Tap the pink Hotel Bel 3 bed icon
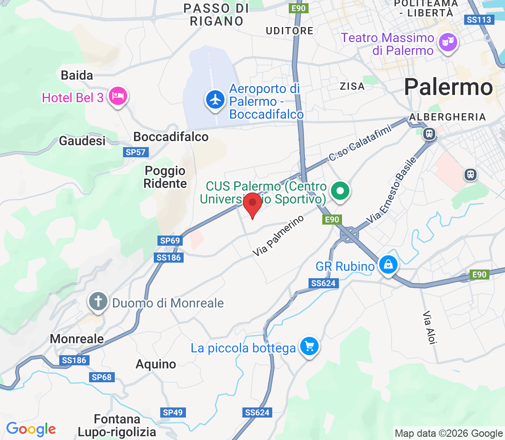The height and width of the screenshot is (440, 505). click(x=118, y=96)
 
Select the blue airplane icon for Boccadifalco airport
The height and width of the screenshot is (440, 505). click(x=214, y=99)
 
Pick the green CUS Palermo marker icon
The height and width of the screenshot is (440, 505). click(x=340, y=190)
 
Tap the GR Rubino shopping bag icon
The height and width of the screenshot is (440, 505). click(x=388, y=265)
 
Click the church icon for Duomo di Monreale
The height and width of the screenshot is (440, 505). click(x=98, y=302)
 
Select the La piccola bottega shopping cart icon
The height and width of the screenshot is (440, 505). click(x=309, y=346)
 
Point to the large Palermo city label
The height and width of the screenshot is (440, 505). click(x=449, y=87)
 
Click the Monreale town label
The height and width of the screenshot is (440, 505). click(x=77, y=339)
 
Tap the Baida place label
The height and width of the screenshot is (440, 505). click(x=77, y=75)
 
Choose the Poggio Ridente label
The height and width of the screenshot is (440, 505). click(x=165, y=177)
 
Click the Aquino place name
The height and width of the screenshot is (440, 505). click(x=156, y=364)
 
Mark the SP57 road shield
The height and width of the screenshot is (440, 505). click(x=135, y=152)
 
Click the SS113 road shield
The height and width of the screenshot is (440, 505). click(x=479, y=20)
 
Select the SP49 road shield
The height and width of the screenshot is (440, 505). click(x=173, y=412)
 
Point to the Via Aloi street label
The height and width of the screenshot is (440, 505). click(x=430, y=327)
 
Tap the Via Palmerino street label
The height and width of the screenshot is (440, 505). click(x=279, y=236)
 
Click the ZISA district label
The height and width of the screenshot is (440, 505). click(x=352, y=86)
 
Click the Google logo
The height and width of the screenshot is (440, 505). click(x=31, y=429)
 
